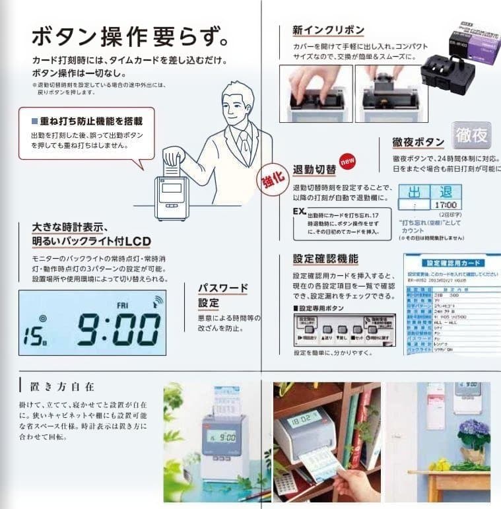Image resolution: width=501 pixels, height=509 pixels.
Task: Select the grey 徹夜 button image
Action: point(471,135)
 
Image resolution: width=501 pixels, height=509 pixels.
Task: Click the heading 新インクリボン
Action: point(328,30)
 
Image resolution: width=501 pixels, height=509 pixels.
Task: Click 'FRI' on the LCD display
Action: point(122,306)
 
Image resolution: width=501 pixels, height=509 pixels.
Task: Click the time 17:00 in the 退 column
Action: point(446,205)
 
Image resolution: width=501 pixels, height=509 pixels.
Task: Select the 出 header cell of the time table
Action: point(415,192)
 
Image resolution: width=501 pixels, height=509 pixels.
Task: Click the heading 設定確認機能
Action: point(325,259)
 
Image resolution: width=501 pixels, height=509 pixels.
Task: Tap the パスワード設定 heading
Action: point(223,295)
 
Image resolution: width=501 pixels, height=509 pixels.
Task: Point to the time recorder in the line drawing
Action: point(172,197)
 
